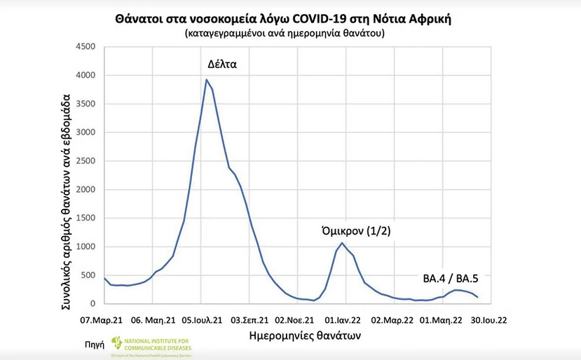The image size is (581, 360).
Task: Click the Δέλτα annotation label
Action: click(222, 64)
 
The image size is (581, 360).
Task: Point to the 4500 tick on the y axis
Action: click(86, 47)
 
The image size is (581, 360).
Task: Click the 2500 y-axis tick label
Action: click(86, 161)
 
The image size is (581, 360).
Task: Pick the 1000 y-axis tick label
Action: click(86, 247)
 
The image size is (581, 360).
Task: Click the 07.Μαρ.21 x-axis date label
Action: click(103, 321)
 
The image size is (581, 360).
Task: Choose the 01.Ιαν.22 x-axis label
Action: click(343, 321)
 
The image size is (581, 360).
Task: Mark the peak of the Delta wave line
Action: click(206, 80)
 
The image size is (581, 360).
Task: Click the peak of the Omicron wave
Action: click(342, 243)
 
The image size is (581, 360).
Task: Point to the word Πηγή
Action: click(97, 344)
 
